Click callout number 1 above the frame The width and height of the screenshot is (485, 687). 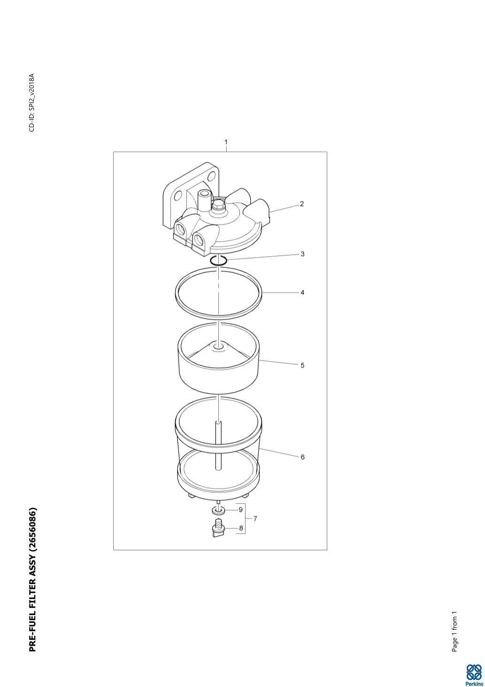coord(226,142)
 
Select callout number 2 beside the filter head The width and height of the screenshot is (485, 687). coord(302,204)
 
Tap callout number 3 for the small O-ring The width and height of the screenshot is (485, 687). coord(302,254)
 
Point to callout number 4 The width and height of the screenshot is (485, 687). coord(302,292)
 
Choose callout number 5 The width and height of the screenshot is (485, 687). coord(302,365)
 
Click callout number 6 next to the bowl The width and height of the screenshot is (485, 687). coord(302,457)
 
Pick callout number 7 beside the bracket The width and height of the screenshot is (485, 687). coord(255,519)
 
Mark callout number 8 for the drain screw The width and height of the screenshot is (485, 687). coord(241,528)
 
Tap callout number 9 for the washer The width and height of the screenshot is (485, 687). coord(241,509)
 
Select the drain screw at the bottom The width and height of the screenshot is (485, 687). coord(218,528)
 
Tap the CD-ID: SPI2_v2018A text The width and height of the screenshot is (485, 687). coord(32,103)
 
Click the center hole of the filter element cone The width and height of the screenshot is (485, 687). coord(218,347)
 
